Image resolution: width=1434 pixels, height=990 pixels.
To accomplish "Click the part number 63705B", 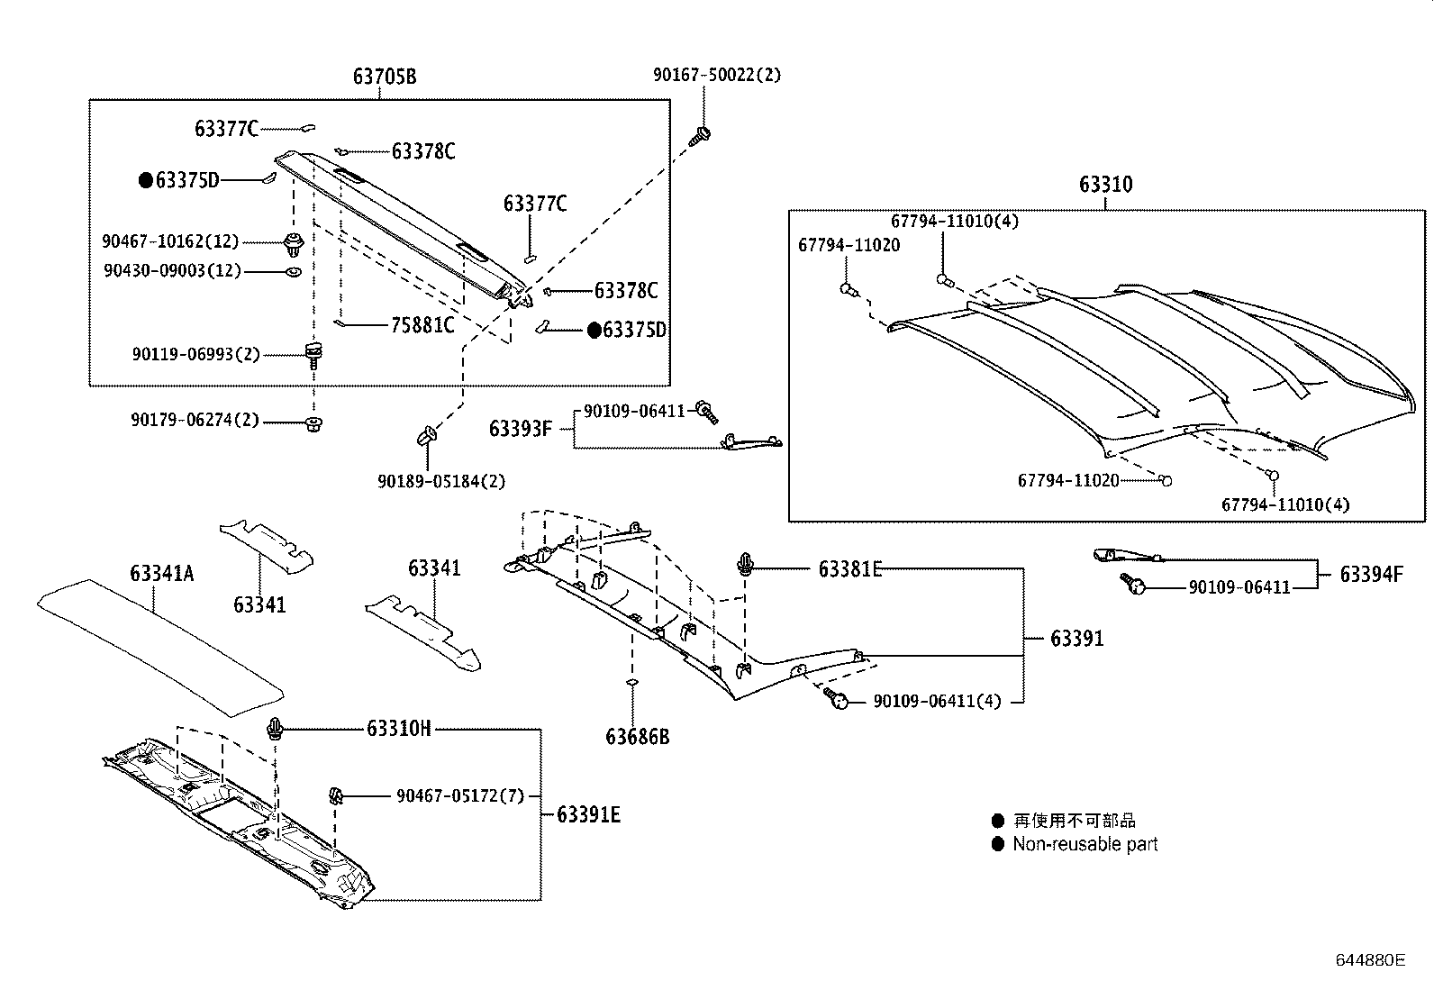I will pos(385,77).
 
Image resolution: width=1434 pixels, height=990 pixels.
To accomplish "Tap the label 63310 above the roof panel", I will pos(1106,185).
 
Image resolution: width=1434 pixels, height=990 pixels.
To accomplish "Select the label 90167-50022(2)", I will pos(717,75).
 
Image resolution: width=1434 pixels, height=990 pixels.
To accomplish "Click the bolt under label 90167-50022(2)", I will pos(700,137).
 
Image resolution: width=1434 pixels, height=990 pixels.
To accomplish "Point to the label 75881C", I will pos(422,325).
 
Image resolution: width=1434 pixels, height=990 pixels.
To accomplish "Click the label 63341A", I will pos(162,574).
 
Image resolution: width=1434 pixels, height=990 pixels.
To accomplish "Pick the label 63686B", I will pos(638,737).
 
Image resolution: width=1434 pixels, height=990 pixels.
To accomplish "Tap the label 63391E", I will pos(589,814).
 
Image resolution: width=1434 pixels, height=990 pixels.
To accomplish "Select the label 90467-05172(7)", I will pos(460,795).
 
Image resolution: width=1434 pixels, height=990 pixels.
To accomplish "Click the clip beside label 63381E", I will pos(746,564).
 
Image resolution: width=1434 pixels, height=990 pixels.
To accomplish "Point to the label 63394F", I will pos(1371,575).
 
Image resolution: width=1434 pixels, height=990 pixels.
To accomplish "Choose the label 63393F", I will pos(520,428).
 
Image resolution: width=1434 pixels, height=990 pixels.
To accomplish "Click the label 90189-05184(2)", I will pos(441,482).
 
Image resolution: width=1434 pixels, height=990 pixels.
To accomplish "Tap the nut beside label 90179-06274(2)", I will pos(313,423).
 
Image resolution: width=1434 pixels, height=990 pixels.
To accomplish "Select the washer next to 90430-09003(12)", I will pos(294,271).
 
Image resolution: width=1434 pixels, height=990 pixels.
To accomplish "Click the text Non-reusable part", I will pos(1085,844).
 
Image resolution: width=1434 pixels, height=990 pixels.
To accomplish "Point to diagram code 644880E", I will pos(1370,959).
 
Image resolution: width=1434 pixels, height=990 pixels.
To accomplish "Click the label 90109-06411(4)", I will pos(937,700).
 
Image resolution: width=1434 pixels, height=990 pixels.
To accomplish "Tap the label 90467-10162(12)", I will pos(170,241).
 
